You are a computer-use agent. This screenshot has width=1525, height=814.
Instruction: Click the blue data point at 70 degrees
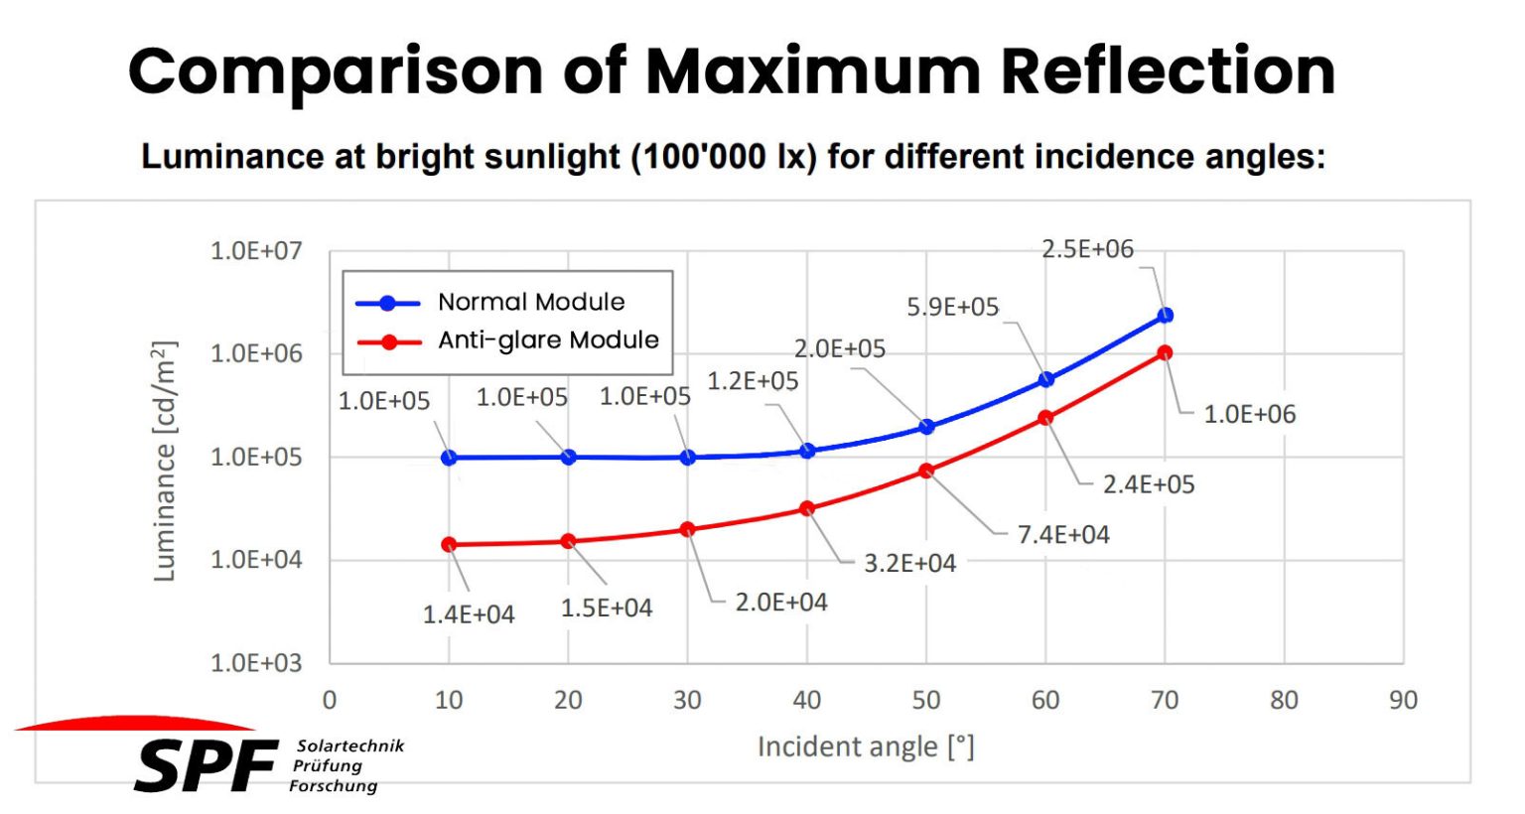click(x=1166, y=316)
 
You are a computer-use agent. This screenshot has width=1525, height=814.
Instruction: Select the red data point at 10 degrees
click(x=449, y=545)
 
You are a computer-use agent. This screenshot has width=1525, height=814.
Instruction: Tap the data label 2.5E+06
click(x=1087, y=249)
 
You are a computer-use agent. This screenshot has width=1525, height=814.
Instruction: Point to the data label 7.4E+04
click(x=1063, y=535)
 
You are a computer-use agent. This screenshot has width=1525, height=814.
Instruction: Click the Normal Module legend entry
click(x=531, y=302)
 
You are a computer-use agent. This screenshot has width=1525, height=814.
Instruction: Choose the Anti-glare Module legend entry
click(x=548, y=340)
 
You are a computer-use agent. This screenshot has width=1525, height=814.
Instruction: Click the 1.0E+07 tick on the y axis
click(x=256, y=251)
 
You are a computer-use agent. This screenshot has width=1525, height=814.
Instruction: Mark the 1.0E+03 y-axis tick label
click(x=256, y=663)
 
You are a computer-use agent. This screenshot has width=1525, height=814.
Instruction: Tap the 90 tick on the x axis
click(x=1403, y=701)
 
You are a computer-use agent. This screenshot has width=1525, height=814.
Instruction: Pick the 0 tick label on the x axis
click(x=330, y=701)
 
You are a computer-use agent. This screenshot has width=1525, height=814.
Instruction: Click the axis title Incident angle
click(x=866, y=746)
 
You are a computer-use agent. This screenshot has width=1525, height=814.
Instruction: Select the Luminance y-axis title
click(x=165, y=462)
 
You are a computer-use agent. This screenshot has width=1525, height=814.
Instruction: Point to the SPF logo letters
click(x=206, y=766)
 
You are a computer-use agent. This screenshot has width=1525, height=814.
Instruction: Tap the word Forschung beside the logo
click(x=334, y=786)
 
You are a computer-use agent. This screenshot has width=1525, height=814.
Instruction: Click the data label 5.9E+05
click(x=952, y=308)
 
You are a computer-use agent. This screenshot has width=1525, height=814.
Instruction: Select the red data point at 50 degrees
click(x=926, y=472)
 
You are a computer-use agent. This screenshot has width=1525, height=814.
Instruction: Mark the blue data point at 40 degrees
click(x=807, y=452)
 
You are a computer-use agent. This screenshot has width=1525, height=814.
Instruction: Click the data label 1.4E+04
click(x=469, y=615)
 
